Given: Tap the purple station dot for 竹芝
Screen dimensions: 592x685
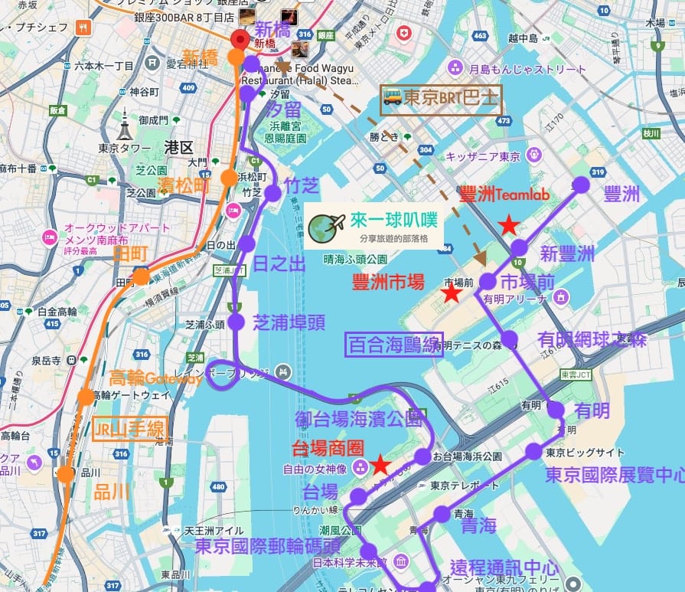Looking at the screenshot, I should tap(272, 193).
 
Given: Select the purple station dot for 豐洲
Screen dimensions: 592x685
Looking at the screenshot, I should tap(581, 185).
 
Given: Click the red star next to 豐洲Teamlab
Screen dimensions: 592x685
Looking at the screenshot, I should tap(507, 225).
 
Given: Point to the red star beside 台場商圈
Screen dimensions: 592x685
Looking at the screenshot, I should tap(380, 465).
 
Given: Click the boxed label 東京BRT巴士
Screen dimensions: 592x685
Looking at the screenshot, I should tap(442, 100).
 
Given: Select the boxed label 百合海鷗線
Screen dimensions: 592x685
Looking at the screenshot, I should tap(394, 345).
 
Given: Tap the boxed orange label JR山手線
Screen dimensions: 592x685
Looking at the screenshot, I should tap(129, 430).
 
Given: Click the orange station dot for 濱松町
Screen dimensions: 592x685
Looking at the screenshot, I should tap(228, 178).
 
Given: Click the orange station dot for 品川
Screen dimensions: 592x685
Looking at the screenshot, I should tap(66, 474).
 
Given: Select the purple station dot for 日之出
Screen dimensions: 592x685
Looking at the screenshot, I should tap(246, 244).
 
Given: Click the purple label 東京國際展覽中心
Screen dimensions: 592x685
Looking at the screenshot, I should tap(615, 476).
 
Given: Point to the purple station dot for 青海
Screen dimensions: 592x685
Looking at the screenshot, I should tap(442, 514).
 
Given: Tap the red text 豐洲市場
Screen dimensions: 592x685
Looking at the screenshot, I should tap(388, 283).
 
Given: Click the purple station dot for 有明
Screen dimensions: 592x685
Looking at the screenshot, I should tap(556, 410).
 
